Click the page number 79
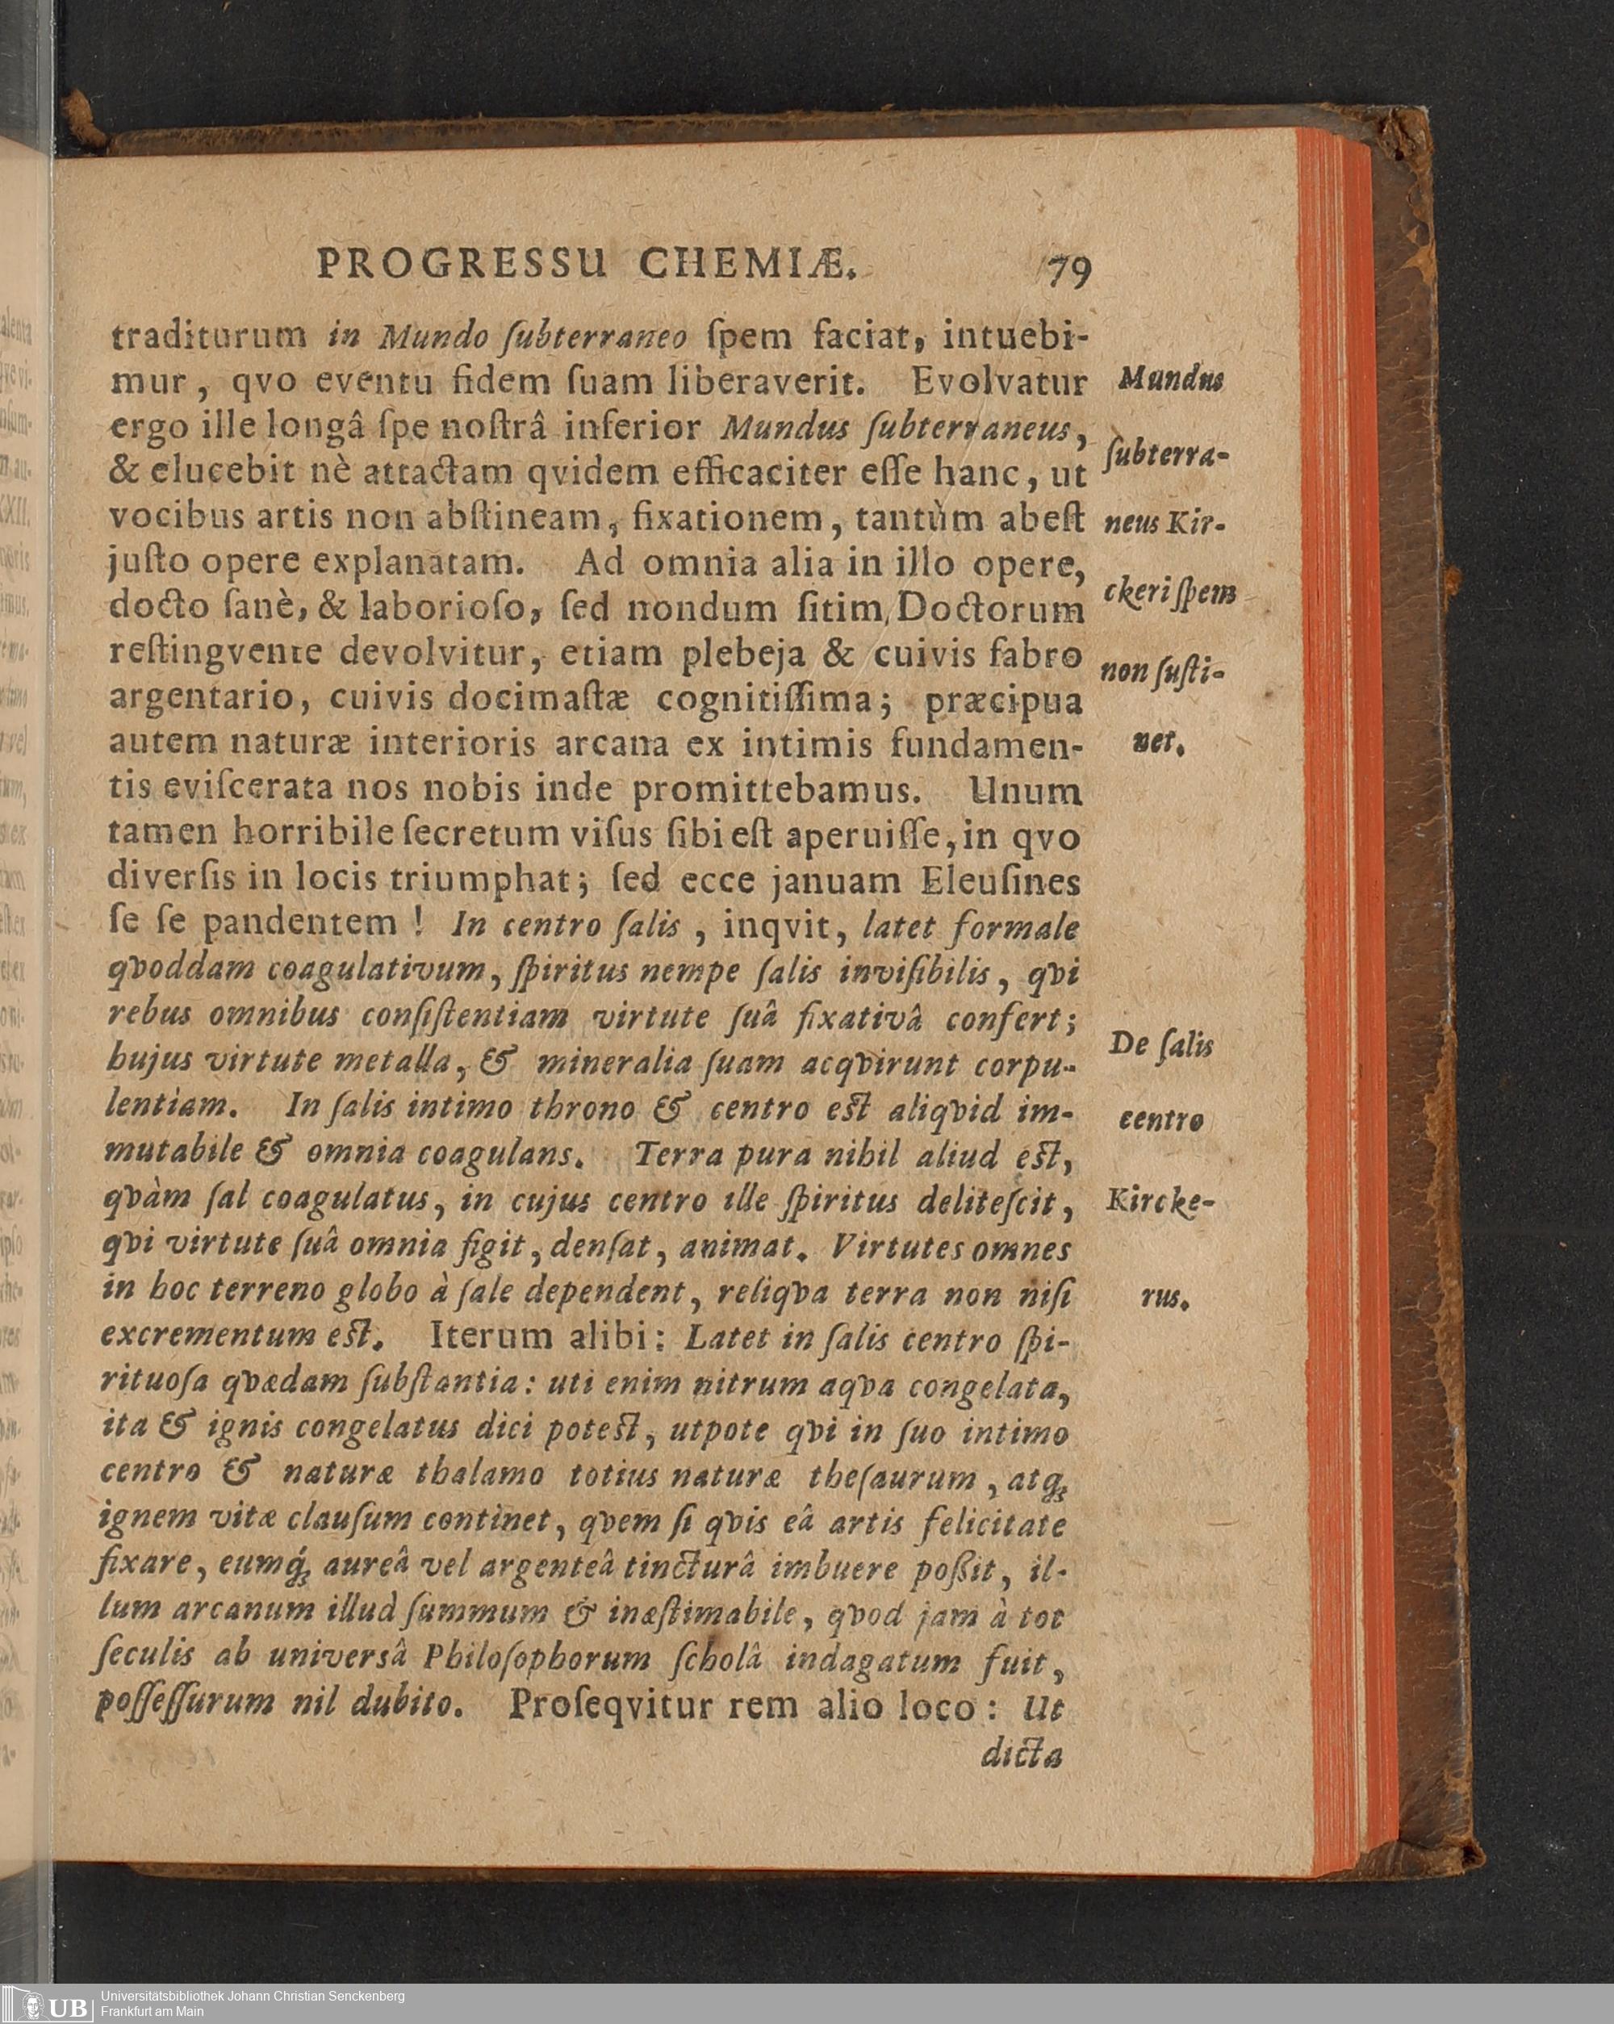coord(1068,274)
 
